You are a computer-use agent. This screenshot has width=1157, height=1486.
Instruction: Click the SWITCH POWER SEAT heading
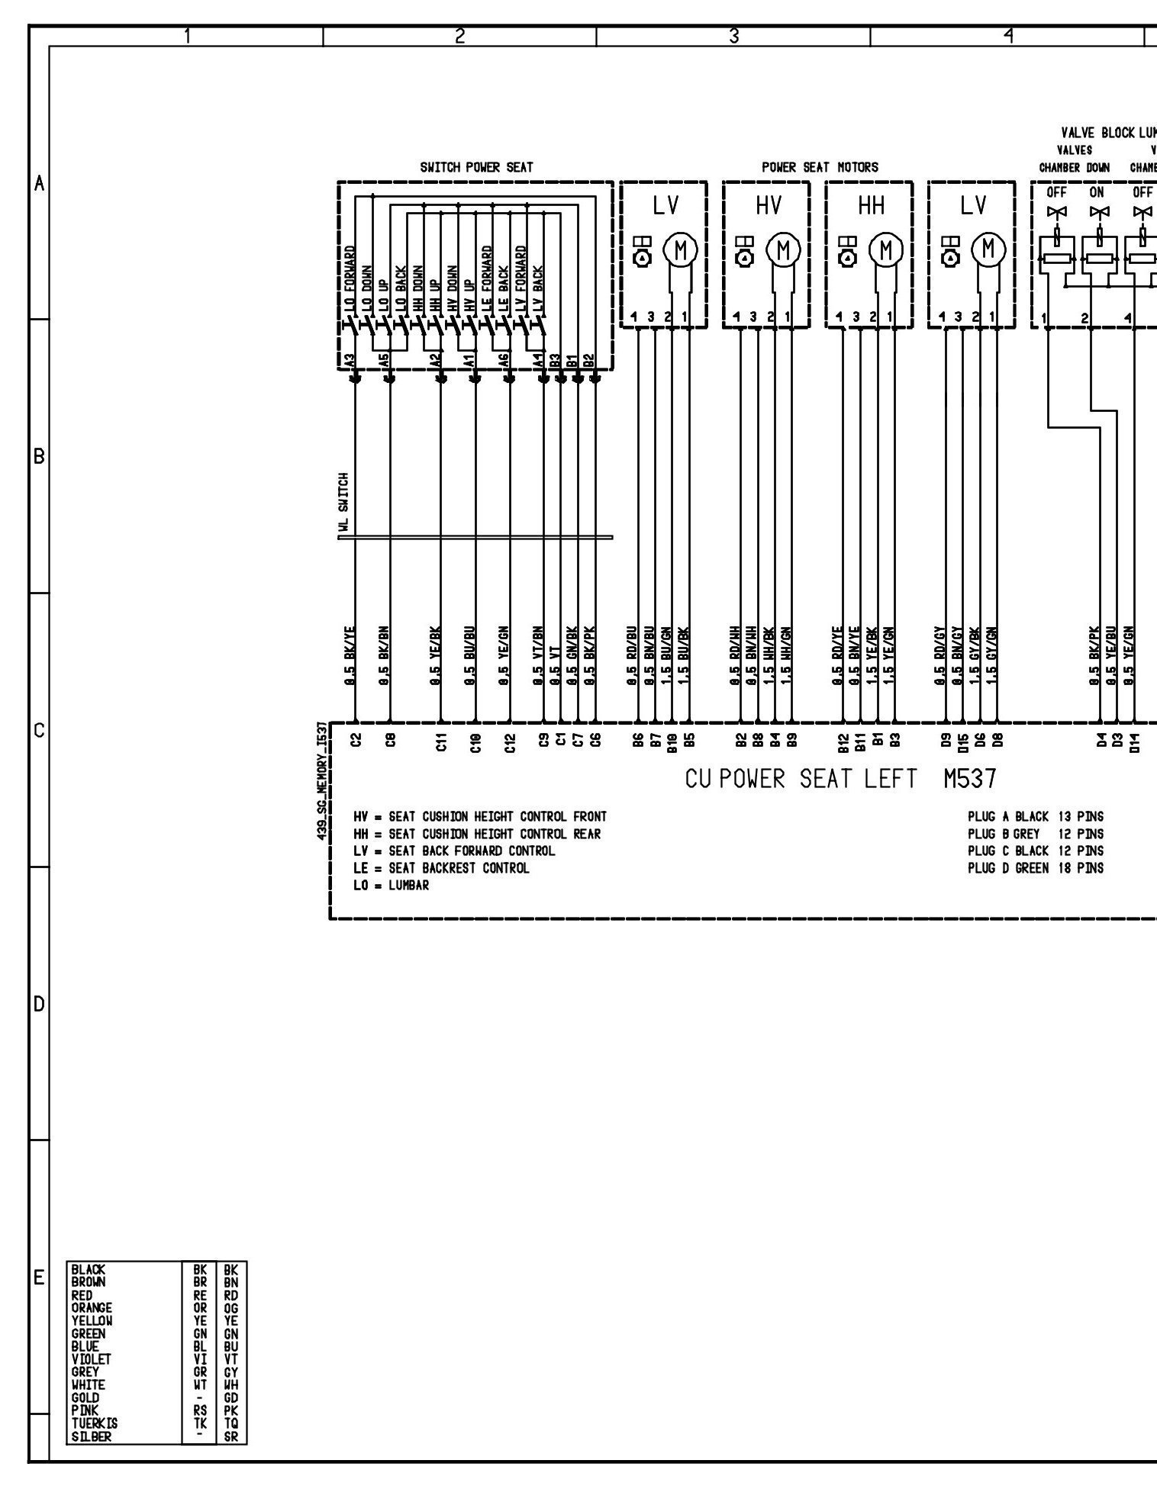476,167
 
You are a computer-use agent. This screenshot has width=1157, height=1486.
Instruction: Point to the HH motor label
870,206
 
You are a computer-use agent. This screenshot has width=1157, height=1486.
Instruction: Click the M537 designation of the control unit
969,779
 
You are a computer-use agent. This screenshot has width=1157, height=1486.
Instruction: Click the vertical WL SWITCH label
345,501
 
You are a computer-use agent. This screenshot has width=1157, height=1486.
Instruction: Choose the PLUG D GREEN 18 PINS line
1035,868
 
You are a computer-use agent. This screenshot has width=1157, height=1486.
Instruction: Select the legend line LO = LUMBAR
391,886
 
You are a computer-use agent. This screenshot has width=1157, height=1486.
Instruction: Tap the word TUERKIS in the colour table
95,1423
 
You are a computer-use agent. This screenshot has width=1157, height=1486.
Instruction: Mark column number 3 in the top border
733,35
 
